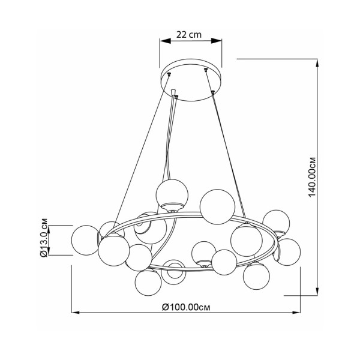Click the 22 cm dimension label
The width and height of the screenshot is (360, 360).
pos(189,35)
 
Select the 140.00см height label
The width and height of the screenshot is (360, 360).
pos(312,177)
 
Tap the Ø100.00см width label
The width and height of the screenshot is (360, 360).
pos(186,307)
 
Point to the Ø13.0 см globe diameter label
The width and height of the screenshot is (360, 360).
pos(44,238)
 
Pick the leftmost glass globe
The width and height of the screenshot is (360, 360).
pos(85,240)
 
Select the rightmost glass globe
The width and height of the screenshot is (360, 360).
pos(287,252)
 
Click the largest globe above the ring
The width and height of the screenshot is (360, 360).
pos(217,206)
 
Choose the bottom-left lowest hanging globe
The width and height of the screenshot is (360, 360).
pos(148,283)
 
